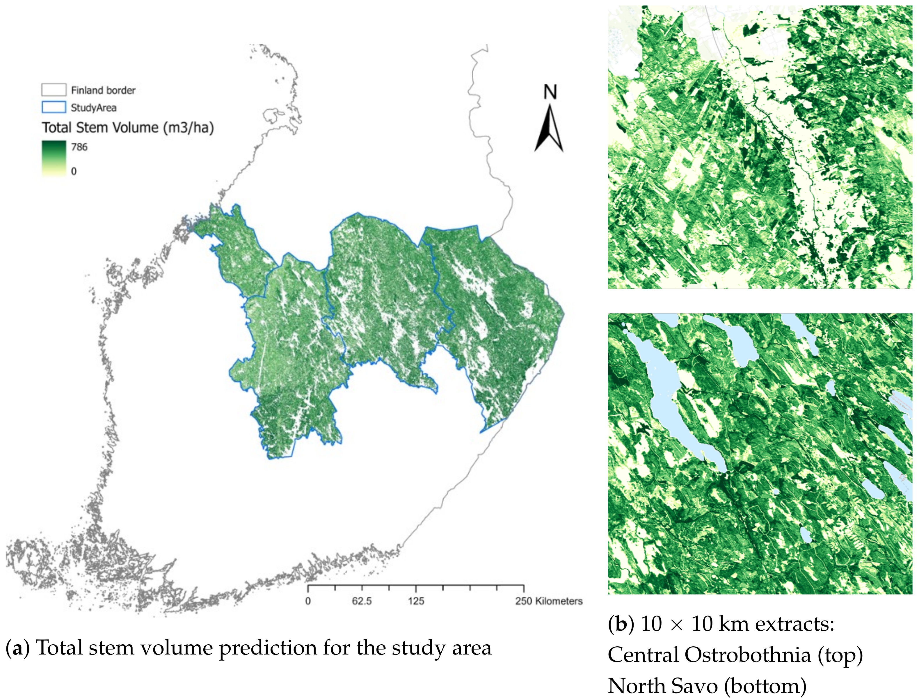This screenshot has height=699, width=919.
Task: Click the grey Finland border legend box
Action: pyautogui.click(x=54, y=90)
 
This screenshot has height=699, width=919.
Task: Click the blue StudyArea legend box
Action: pyautogui.click(x=54, y=107)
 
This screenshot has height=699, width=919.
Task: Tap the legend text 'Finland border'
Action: pyautogui.click(x=103, y=90)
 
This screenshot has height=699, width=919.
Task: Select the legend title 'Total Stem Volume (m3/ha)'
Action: pyautogui.click(x=128, y=127)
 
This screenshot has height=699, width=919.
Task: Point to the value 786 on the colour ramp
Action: pyautogui.click(x=79, y=147)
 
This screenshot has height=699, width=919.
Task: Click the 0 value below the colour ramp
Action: pyautogui.click(x=74, y=171)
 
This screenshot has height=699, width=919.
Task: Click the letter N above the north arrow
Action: pyautogui.click(x=550, y=92)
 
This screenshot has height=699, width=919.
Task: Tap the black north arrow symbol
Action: pyautogui.click(x=549, y=129)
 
